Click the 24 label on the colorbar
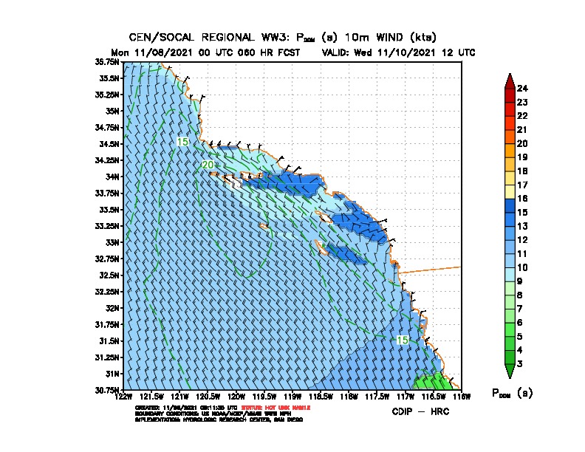tap(522, 89)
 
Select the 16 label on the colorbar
tap(522, 199)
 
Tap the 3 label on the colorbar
tap(520, 363)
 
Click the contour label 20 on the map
tap(208, 164)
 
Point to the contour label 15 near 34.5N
tap(182, 141)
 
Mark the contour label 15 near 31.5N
tap(402, 340)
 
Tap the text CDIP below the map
tap(404, 411)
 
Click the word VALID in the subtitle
tap(336, 52)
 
